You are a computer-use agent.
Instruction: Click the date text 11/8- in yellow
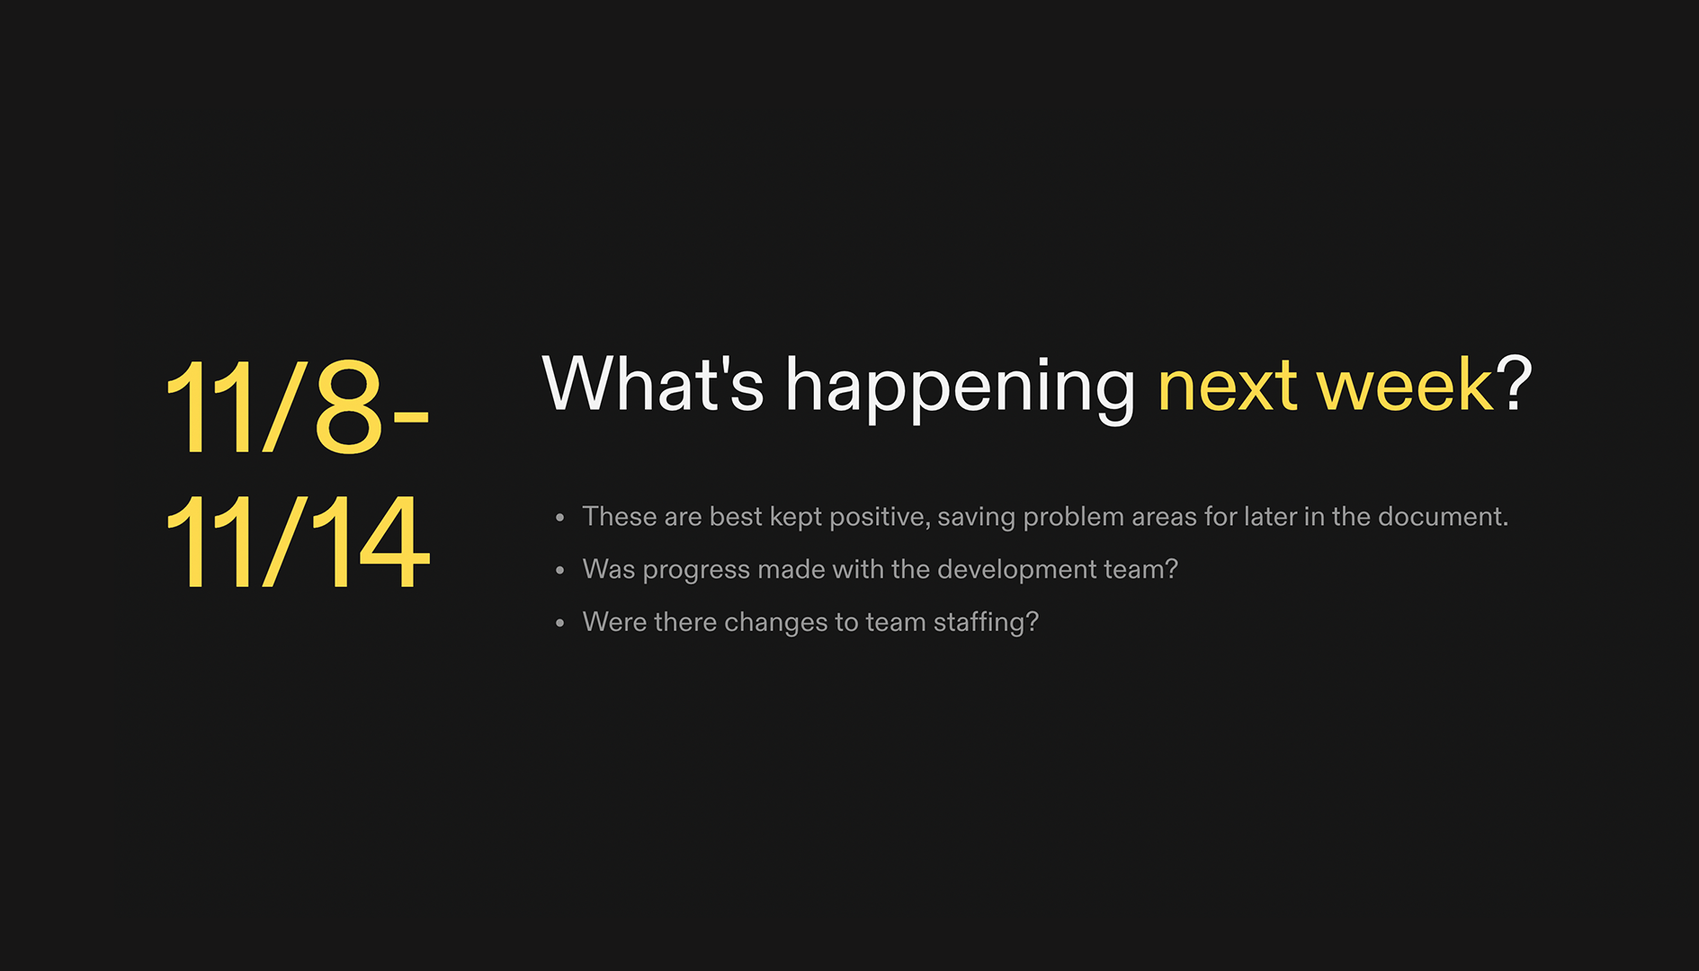pyautogui.click(x=297, y=406)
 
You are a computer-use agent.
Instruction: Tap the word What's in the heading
pyautogui.click(x=653, y=384)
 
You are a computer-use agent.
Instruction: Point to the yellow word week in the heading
pyautogui.click(x=1405, y=385)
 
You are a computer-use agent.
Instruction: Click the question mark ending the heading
pyautogui.click(x=1515, y=384)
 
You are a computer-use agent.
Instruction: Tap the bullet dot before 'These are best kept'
pyautogui.click(x=560, y=518)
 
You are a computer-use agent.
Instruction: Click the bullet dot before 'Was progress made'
pyautogui.click(x=560, y=570)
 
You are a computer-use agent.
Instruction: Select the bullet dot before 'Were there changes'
pyautogui.click(x=560, y=623)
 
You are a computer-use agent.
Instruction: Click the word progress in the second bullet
pyautogui.click(x=696, y=570)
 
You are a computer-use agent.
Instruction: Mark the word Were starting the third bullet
pyautogui.click(x=614, y=622)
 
